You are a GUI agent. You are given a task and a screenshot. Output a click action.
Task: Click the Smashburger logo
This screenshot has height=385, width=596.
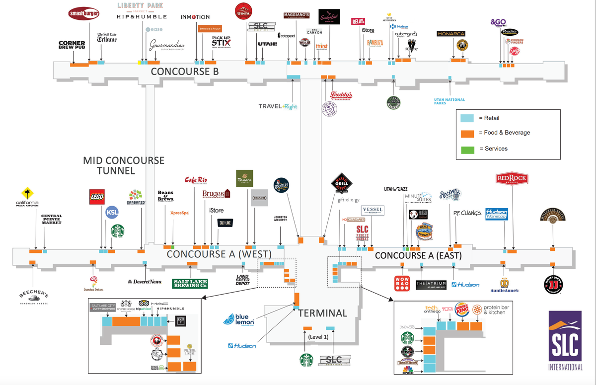coord(84,14)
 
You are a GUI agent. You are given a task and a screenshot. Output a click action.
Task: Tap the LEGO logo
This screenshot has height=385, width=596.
coord(96,197)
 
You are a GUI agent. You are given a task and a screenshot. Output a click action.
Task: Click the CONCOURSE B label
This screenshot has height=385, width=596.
coord(185,72)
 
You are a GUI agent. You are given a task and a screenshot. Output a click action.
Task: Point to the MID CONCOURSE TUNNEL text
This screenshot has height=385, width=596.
coord(123,165)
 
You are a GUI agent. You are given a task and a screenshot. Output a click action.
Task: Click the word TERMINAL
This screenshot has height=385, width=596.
coord(323,313)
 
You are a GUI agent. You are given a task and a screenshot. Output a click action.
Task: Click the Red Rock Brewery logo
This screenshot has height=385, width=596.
coord(512,179)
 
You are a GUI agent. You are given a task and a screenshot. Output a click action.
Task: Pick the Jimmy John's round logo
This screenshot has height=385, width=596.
coord(553,284)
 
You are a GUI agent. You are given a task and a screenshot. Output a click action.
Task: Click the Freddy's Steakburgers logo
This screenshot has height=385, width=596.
coord(341,95)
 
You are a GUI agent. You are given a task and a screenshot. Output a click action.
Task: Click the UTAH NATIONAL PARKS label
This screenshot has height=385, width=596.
coord(449,101)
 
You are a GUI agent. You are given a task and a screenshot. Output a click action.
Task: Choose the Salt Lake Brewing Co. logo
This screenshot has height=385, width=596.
coord(190,283)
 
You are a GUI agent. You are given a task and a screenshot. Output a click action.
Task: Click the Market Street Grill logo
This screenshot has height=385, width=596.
coord(340,185)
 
